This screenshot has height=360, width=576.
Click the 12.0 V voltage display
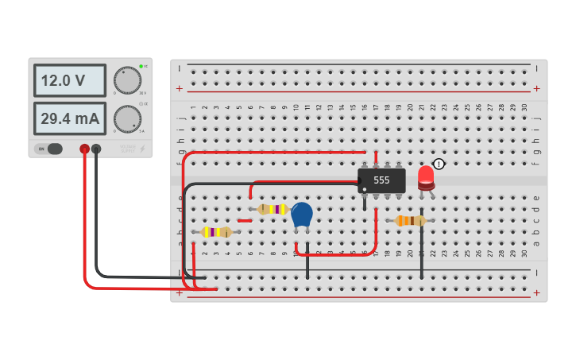point(70,81)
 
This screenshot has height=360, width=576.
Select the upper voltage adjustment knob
point(127,80)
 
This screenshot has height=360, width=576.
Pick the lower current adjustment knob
point(127,118)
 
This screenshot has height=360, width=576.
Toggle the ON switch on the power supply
point(49,149)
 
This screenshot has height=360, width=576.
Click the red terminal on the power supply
point(84,149)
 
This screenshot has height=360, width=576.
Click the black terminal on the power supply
point(96,149)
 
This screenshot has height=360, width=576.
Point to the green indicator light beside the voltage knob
point(141,66)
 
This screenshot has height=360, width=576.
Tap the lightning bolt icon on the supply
point(143,149)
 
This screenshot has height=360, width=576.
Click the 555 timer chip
point(381,180)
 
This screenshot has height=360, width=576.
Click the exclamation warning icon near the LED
point(439,165)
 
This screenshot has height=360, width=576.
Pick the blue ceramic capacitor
point(302,215)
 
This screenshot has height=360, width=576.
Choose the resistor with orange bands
point(410,221)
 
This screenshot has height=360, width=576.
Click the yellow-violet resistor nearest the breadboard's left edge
point(215,232)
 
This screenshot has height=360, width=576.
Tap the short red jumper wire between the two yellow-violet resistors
point(245,220)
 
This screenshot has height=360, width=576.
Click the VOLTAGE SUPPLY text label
point(127,149)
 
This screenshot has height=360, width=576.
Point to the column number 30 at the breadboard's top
point(524,107)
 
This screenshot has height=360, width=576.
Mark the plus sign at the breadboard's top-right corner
point(538,88)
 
